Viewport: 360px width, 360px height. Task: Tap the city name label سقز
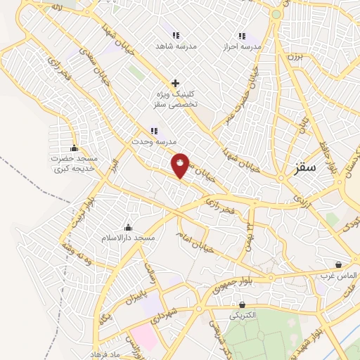(x=308, y=168)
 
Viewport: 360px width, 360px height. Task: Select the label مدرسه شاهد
(x=176, y=46)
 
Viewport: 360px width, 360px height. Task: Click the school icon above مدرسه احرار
(x=241, y=36)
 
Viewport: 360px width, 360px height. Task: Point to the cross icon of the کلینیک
(x=175, y=82)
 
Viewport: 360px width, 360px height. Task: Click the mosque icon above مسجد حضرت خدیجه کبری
(x=74, y=148)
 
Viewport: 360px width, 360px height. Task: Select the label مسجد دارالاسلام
(x=128, y=239)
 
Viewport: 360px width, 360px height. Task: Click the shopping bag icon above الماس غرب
(x=340, y=264)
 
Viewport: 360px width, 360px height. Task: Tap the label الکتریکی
(x=243, y=316)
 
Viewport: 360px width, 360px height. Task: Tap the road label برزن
(x=292, y=56)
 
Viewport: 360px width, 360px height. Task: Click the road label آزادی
(x=301, y=198)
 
